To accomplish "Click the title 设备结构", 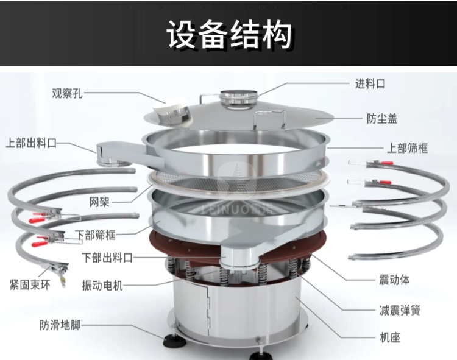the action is point(230,34).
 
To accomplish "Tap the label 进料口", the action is point(370,84).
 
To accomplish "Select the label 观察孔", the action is point(67,93).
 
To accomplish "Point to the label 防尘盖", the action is point(382,119).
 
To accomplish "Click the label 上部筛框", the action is point(407,148).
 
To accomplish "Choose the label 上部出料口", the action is point(31,143).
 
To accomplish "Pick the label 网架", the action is point(99,202).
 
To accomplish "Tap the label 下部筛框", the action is point(95,235).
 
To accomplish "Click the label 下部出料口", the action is point(107,258).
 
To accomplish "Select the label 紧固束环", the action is point(30,284).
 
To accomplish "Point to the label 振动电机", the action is point(102,286).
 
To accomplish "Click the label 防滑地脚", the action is point(60,325).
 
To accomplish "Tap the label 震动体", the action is point(394,280).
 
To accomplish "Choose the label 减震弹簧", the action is point(400,311).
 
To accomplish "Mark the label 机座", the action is point(390,337).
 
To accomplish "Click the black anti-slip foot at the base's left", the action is point(174,341).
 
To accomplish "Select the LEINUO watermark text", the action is point(236,209).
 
